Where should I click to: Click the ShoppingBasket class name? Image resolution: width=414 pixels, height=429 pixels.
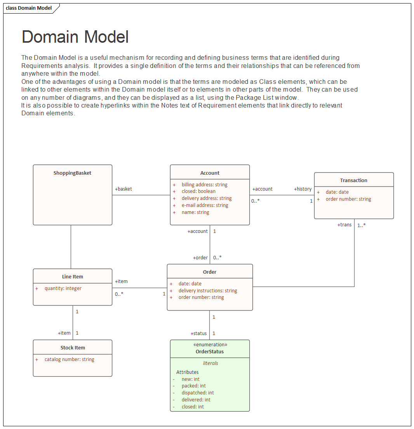point(72,173)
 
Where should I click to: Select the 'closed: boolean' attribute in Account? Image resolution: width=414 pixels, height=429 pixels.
point(198,191)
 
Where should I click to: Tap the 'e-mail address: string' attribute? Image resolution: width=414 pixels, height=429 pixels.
point(205,205)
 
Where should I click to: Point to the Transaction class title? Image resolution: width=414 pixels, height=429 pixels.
point(353,181)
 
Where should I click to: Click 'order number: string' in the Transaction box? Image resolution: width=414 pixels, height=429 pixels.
point(348,199)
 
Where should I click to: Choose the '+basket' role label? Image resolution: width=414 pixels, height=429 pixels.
point(124,189)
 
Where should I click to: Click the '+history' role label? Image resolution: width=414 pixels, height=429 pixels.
point(303,189)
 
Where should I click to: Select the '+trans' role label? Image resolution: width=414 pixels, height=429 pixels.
point(344,225)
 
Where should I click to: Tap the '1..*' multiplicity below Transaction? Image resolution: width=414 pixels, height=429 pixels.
point(361,225)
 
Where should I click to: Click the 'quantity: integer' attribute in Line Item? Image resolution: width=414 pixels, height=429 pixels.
point(63,288)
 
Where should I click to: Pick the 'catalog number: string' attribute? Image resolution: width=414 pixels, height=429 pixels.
point(69,360)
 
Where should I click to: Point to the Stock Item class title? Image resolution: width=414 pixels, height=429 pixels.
point(73,348)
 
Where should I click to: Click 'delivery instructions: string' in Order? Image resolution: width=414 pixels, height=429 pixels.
point(208,291)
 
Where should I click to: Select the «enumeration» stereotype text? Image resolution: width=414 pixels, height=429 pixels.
point(210,345)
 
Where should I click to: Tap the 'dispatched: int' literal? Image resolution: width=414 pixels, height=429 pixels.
point(198,393)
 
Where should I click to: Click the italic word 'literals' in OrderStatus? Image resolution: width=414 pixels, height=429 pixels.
point(210,363)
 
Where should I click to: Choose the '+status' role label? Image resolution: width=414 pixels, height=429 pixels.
point(198,333)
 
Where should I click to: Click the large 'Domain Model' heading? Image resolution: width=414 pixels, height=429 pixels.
point(75,37)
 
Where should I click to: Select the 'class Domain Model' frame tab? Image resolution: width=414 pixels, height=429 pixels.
point(29,8)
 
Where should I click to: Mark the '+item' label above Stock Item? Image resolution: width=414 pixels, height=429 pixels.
point(64,333)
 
